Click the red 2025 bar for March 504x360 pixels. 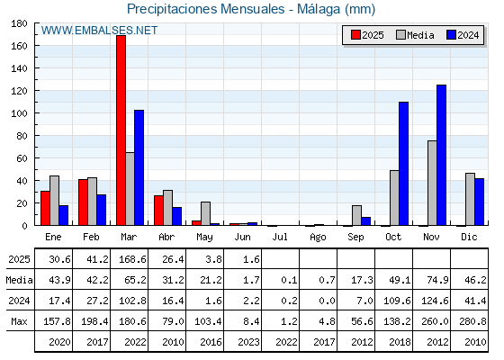coord(121,130)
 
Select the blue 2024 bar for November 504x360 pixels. coord(441,155)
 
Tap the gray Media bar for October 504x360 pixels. coord(394,198)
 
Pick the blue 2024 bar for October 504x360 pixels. coord(403,164)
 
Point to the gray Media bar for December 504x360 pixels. coord(470,199)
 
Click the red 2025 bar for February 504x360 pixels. coord(83,202)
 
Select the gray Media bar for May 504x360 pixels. coord(205,213)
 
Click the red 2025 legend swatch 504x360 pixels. coord(355,35)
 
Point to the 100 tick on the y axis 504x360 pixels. coord(36,113)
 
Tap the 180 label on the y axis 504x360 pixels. coord(19,23)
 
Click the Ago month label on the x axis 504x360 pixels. coord(318,238)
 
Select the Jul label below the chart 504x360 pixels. coord(280,237)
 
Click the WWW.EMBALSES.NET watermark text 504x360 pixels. coord(99,31)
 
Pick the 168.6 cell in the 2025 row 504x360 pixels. coord(132,259)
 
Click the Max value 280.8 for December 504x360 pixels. coord(472,321)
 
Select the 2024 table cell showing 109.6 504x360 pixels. coord(397,301)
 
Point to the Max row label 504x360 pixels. coord(19,321)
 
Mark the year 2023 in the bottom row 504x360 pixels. coord(248,342)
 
